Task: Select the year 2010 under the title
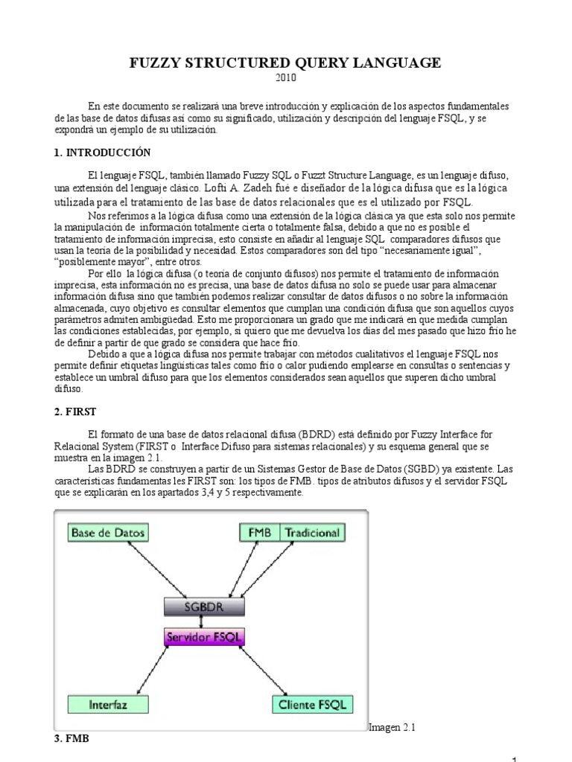click(286, 78)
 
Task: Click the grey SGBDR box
click(205, 606)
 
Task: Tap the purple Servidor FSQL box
click(204, 638)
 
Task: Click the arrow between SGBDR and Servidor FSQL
click(204, 622)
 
